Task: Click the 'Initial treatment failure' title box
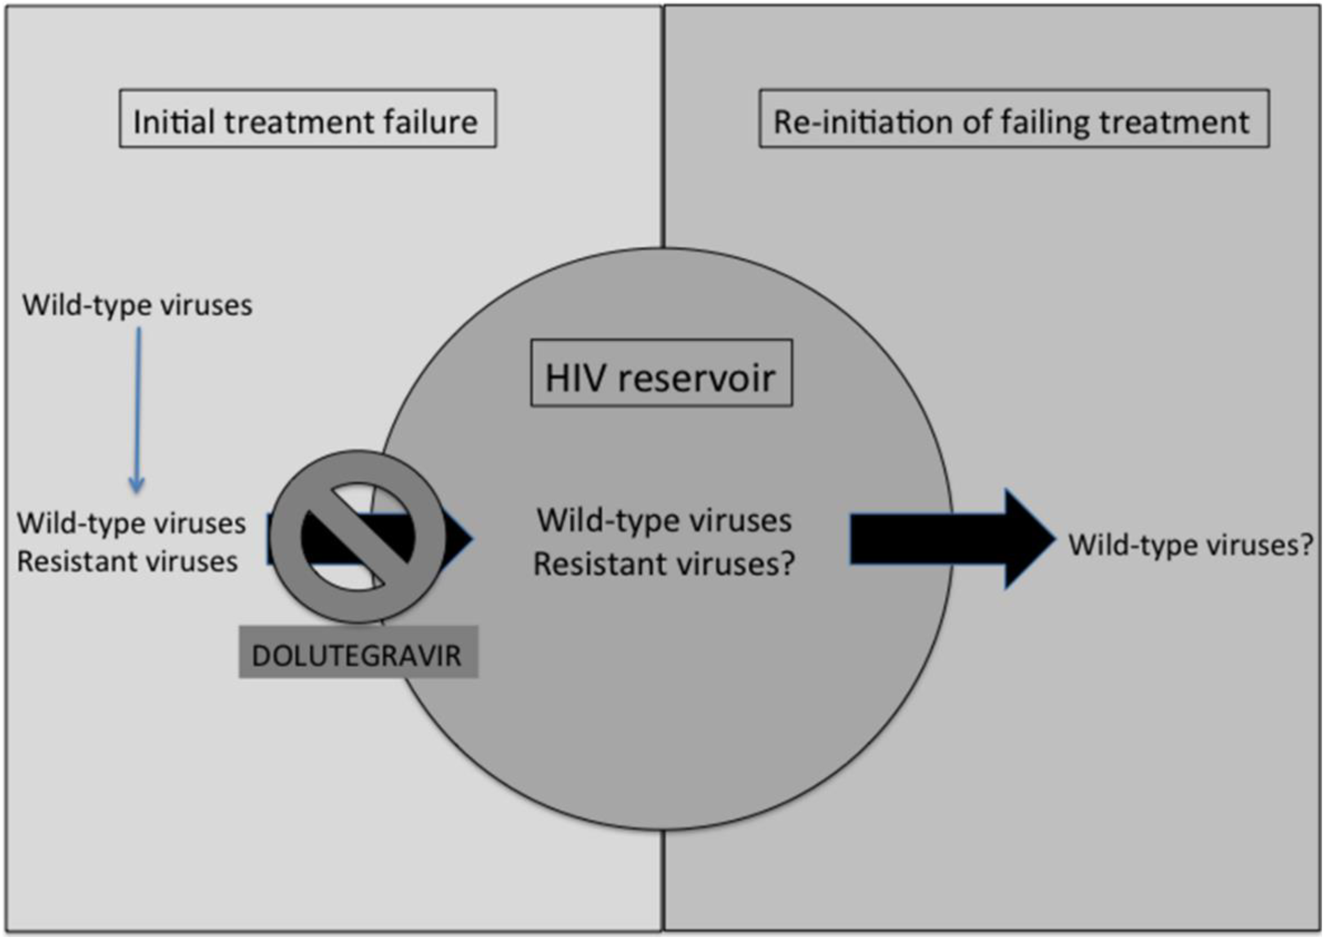308,119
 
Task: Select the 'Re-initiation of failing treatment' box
1014,119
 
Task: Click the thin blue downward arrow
138,408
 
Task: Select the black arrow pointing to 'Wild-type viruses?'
949,538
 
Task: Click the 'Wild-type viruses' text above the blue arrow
137,305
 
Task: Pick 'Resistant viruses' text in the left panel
127,561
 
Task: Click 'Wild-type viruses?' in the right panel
1190,545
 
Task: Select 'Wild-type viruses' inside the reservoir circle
664,520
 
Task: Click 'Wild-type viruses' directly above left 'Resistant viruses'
131,523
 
